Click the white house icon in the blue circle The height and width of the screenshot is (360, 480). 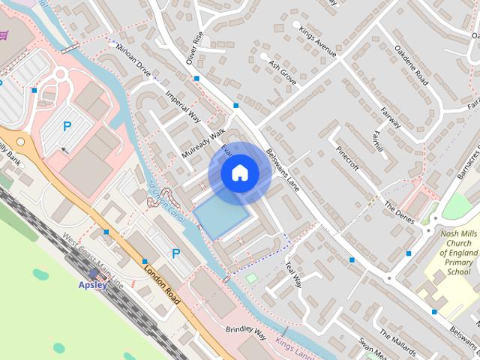(239, 172)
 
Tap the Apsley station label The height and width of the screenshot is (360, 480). (94, 284)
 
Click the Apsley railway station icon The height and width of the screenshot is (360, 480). (94, 274)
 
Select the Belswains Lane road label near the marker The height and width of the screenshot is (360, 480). (282, 169)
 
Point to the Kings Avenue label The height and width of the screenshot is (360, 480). (316, 41)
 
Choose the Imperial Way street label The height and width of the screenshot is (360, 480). (183, 108)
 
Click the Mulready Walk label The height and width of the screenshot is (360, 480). (203, 143)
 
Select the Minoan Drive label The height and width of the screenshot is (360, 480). (133, 61)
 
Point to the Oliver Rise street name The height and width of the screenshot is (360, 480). (194, 47)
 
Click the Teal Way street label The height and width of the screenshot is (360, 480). (292, 273)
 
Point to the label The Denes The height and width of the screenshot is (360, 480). (399, 214)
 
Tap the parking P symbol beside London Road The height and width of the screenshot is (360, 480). (175, 254)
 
